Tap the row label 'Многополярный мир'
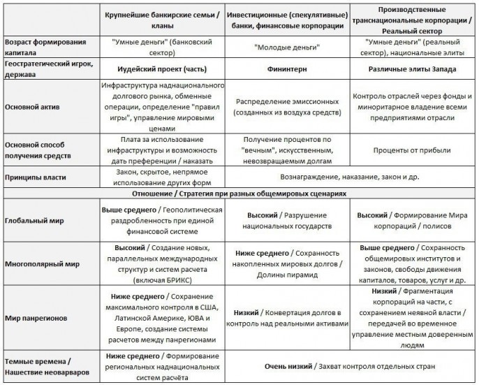coord(41,264)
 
